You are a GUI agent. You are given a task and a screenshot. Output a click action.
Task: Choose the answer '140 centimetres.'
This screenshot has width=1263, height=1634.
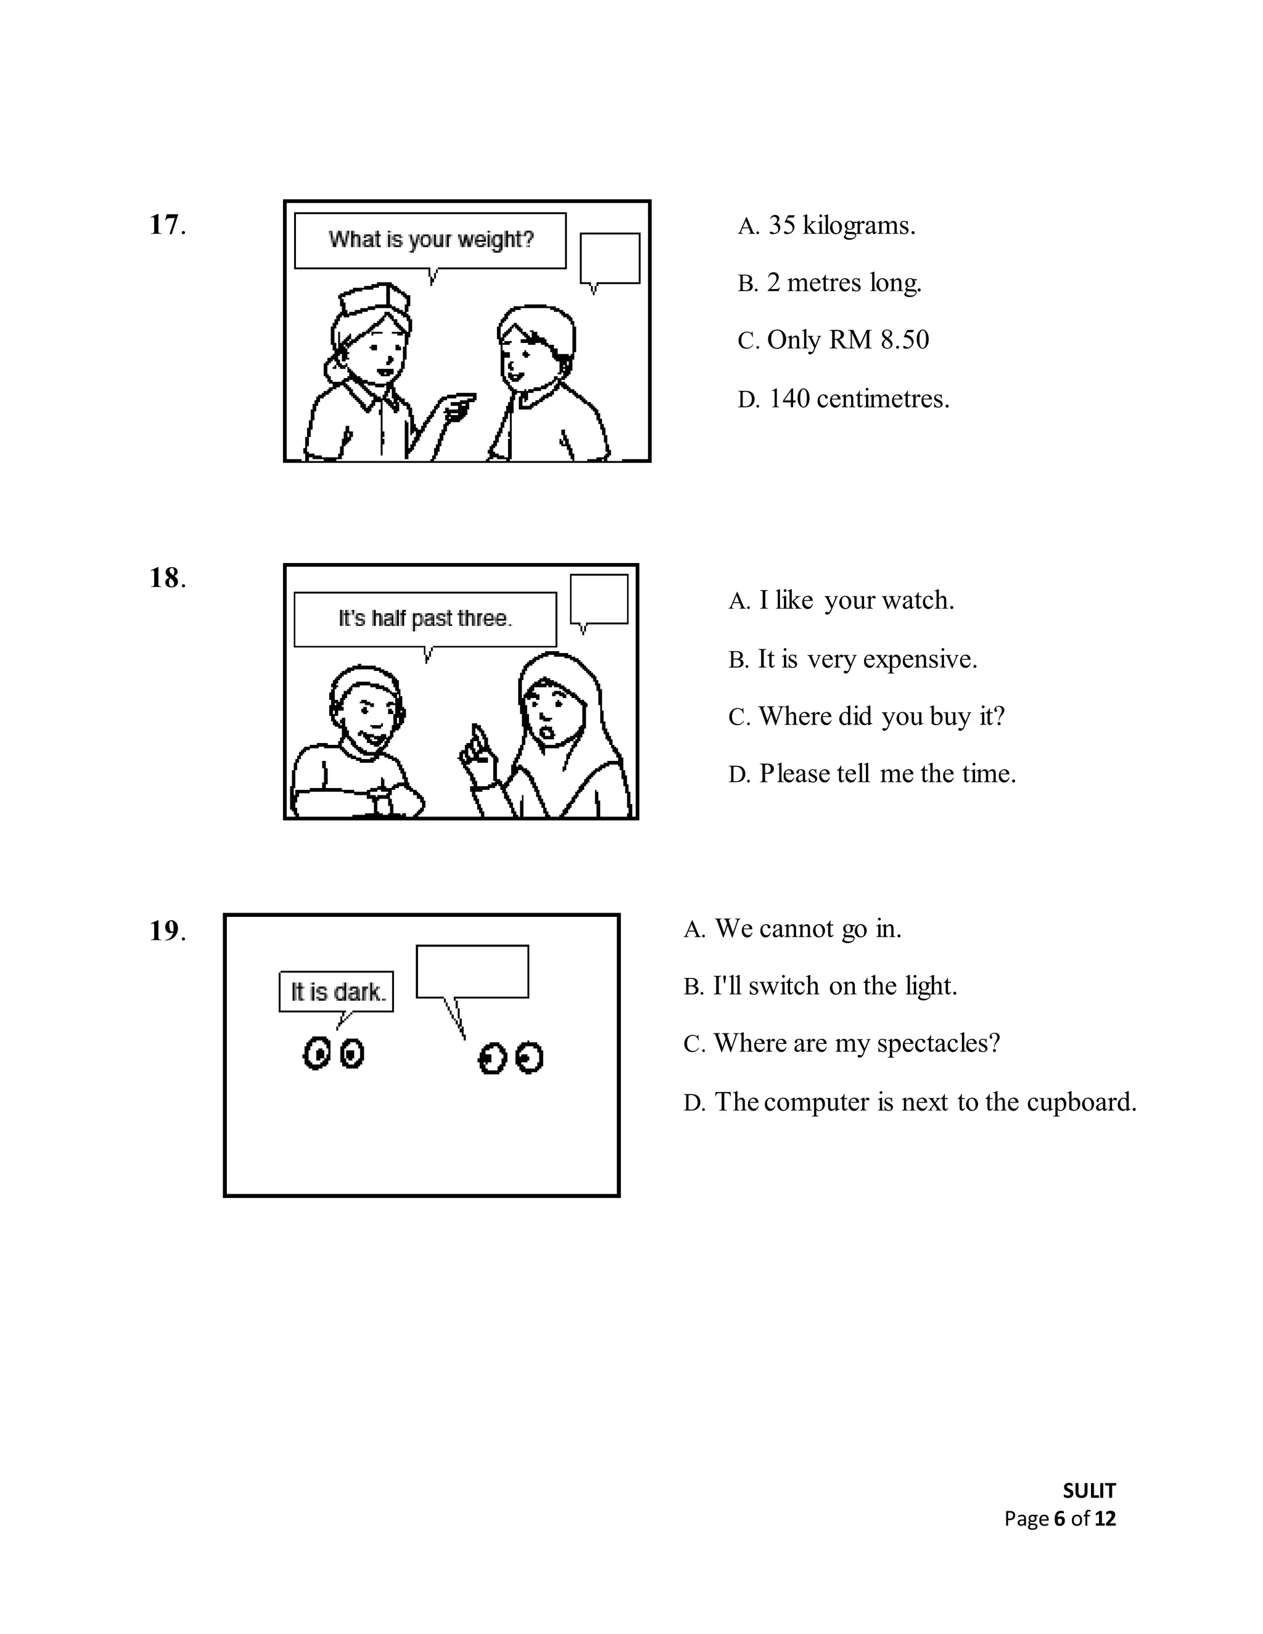(843, 399)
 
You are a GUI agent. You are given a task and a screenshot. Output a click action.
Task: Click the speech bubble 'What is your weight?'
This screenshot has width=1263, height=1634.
(430, 240)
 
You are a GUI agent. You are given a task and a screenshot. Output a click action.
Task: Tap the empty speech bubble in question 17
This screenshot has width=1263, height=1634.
(610, 258)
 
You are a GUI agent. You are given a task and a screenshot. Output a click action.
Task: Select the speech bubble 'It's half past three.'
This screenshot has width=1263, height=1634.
(425, 618)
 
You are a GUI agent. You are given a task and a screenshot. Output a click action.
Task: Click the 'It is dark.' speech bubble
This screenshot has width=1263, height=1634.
(337, 992)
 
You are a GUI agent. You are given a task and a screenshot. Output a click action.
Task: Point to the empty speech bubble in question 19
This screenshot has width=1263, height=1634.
(472, 971)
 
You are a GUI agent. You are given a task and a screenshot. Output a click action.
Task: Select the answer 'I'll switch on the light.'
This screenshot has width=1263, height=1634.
(820, 986)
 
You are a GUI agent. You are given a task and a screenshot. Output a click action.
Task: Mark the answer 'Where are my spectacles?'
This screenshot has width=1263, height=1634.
(842, 1043)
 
